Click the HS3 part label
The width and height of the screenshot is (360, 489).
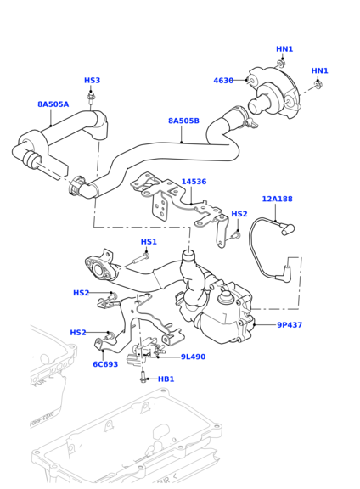coord(92,81)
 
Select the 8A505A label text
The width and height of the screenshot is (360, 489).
coord(53,104)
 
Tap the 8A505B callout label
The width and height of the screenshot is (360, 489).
coord(183,121)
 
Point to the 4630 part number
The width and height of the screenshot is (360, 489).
coord(223,81)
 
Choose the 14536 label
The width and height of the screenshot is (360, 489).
coord(194,182)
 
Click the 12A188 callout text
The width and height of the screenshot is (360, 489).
coord(277,199)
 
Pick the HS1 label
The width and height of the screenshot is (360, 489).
coord(149,242)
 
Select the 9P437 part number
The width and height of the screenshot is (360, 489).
coord(289,325)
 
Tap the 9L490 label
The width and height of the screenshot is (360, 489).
coord(193,357)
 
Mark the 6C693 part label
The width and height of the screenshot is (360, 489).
coord(105,365)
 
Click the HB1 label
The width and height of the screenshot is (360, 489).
coord(166,379)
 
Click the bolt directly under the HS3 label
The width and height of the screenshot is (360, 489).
coord(93,97)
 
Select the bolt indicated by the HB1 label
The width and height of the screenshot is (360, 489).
coord(142,377)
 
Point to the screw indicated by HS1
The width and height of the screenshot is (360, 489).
coord(138,258)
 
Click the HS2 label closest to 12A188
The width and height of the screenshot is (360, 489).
coord(239,214)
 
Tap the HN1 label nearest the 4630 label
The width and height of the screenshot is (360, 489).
coord(284,49)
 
